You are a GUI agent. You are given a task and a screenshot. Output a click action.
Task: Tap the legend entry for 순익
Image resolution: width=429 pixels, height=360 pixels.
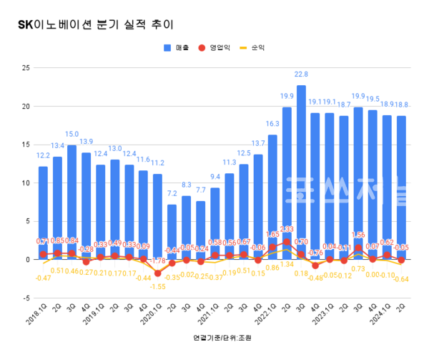(256, 49)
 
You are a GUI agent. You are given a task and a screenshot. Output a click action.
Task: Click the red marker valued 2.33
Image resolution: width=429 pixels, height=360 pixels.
(287, 242)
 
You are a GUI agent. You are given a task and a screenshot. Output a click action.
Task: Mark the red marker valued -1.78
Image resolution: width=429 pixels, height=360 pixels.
(157, 273)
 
